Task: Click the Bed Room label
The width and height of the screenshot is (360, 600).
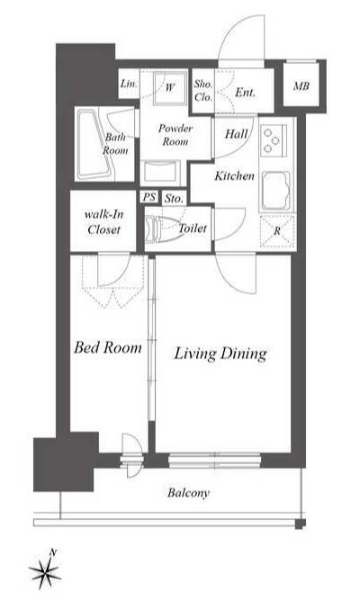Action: point(108,347)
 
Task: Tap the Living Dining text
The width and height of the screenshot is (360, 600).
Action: point(220,354)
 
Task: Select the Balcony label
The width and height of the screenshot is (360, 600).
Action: point(188,493)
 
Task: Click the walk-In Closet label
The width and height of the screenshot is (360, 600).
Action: point(103,221)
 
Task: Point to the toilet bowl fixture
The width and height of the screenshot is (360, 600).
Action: point(164,229)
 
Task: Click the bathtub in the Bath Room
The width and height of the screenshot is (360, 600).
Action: point(95,145)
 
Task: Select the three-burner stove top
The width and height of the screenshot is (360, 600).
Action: point(273,140)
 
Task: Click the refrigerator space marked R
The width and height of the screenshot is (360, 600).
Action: point(277,231)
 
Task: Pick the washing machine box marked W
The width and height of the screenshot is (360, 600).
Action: point(170,87)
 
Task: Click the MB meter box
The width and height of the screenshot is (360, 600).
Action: point(301,86)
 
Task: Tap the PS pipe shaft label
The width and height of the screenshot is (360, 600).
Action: point(149,197)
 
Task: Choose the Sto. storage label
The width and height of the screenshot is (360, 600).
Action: point(174,199)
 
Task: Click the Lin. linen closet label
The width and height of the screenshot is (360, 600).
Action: point(129,84)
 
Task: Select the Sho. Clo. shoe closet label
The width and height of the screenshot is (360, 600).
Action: point(203,91)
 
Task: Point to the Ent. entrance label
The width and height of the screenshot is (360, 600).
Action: point(245,93)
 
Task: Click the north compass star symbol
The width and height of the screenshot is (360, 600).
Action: point(45,572)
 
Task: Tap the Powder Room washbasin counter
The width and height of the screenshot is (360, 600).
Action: point(160,173)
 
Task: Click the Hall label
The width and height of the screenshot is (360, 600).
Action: point(237,134)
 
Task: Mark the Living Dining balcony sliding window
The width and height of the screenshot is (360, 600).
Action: point(214,461)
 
